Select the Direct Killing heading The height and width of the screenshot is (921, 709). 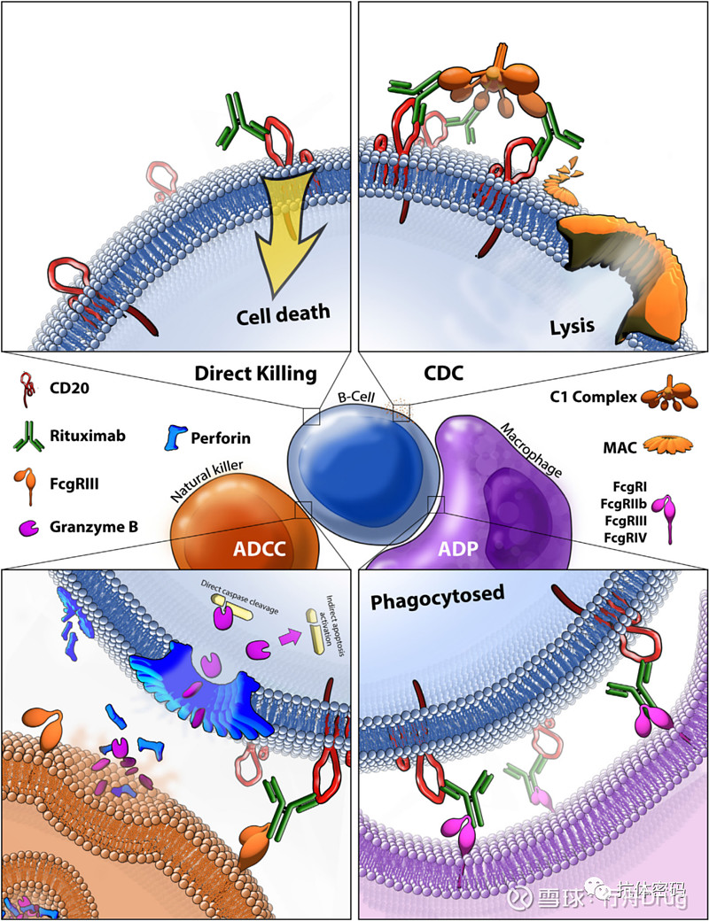[255, 374]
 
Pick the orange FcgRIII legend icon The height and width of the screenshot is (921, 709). [29, 486]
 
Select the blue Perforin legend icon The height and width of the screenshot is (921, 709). [175, 437]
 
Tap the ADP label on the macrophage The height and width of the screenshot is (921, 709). [459, 550]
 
